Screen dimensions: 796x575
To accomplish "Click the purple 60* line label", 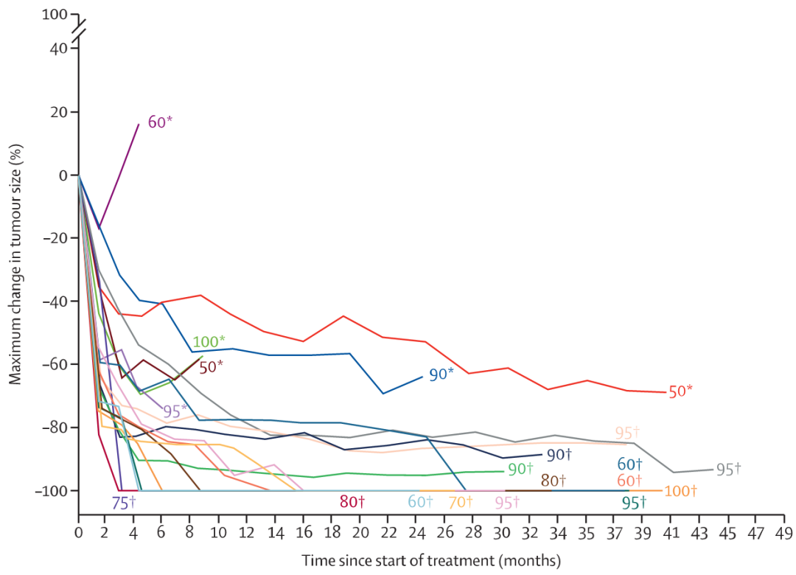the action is pos(160,122).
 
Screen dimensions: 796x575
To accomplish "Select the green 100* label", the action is pos(209,341).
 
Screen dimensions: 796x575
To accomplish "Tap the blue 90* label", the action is pos(441,374).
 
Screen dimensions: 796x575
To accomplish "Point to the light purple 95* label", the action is pos(175,411).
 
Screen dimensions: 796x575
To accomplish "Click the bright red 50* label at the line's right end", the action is pos(680,391).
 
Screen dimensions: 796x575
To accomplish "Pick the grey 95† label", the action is pos(728,470).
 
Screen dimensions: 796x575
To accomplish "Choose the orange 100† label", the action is pos(680,491).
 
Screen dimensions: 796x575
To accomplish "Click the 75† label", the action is pos(124,503).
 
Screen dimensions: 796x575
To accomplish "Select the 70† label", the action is pos(461,502).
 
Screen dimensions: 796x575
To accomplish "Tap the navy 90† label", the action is pos(559,455).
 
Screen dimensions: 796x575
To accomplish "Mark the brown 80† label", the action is pos(554,480).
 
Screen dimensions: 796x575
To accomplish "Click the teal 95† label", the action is pos(634,503).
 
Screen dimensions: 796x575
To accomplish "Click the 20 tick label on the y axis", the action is pos(60,112).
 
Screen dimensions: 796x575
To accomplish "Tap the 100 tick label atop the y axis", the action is pos(55,14).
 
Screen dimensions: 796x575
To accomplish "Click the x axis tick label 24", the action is pos(416,533).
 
